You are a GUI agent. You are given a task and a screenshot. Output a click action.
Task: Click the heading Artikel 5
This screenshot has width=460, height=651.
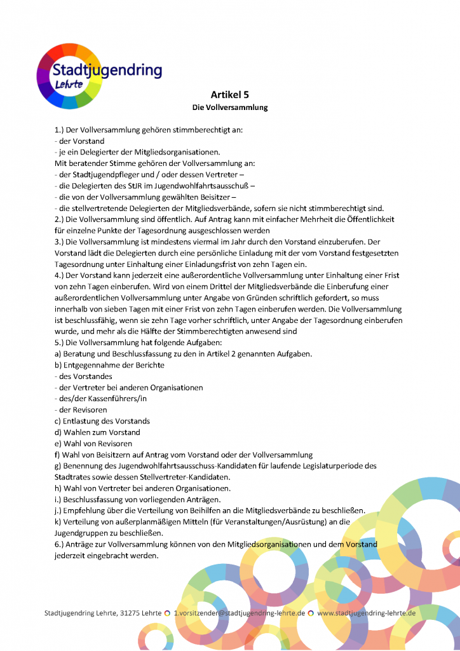tap(230, 94)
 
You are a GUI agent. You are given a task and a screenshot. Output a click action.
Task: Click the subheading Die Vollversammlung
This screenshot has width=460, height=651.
tap(230, 107)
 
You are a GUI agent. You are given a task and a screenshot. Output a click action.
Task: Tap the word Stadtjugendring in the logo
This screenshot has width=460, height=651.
tap(107, 71)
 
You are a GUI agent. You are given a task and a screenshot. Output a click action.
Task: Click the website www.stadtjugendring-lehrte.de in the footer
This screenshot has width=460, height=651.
tap(366, 613)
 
